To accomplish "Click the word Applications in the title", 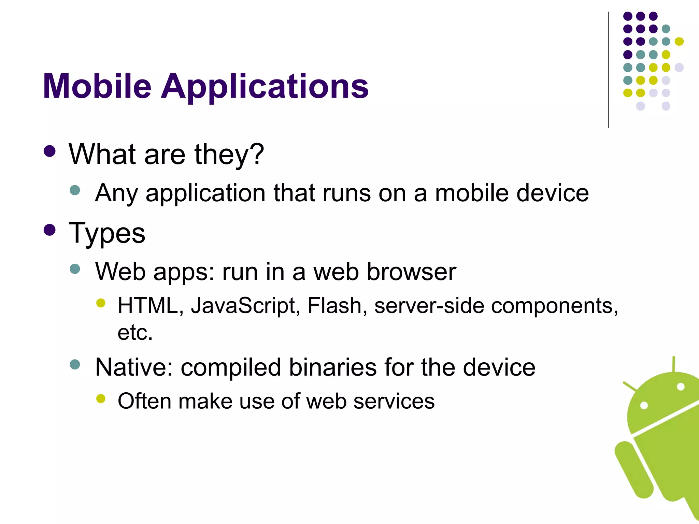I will click(265, 87).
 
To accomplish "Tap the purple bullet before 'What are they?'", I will click(50, 151).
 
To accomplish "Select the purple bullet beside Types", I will click(50, 230).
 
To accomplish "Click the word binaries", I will click(333, 367).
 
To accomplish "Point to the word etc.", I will click(135, 333).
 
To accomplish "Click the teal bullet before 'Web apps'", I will click(75, 269).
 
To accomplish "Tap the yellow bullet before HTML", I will click(101, 303).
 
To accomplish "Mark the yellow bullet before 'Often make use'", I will click(101, 398).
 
